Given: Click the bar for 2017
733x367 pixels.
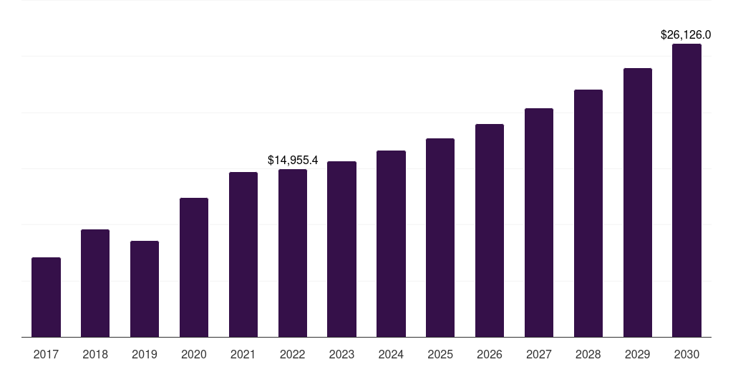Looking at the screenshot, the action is click(x=46, y=297).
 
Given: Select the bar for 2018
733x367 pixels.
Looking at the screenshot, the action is click(x=95, y=283).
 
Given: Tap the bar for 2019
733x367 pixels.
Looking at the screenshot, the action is click(x=145, y=289).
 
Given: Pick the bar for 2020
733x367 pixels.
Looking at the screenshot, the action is click(x=193, y=267).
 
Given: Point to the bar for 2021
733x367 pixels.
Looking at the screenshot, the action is click(x=243, y=254).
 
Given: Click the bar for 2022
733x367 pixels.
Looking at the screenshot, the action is click(x=293, y=253).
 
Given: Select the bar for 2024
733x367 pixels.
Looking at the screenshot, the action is click(x=391, y=244).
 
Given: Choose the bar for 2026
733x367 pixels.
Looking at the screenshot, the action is click(x=490, y=231).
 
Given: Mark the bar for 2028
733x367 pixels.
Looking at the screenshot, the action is click(x=588, y=214).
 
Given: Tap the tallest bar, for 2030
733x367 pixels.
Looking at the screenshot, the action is click(x=686, y=191).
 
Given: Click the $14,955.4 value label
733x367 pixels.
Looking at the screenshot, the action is click(x=293, y=160).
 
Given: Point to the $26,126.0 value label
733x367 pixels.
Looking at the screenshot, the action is click(x=686, y=34).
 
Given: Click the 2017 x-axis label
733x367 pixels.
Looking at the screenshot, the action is click(x=46, y=355).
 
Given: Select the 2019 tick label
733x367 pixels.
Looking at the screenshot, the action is click(x=145, y=355).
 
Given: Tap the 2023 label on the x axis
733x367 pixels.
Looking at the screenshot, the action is click(x=341, y=355).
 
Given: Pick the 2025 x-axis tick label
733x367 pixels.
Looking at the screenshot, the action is click(x=440, y=355).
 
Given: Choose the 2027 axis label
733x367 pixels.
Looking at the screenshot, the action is click(x=538, y=355).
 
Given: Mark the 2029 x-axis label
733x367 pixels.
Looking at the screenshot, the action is click(x=637, y=355).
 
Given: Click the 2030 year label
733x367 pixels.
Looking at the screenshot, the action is click(x=686, y=355).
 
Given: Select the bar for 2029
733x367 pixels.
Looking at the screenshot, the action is click(x=638, y=203).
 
